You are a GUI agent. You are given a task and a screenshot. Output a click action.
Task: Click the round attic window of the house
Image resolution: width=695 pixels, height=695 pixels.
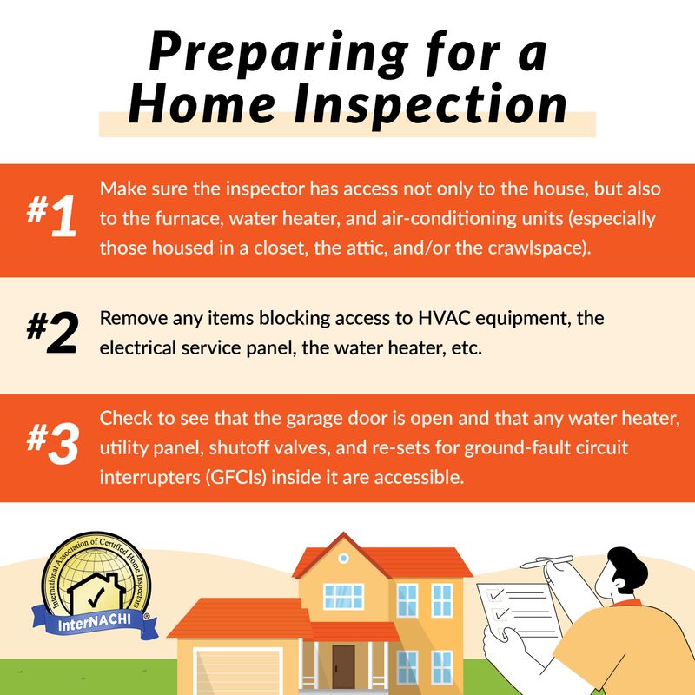tap(344, 558)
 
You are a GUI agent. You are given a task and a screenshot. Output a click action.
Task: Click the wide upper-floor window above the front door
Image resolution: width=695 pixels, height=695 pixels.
tap(343, 596)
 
